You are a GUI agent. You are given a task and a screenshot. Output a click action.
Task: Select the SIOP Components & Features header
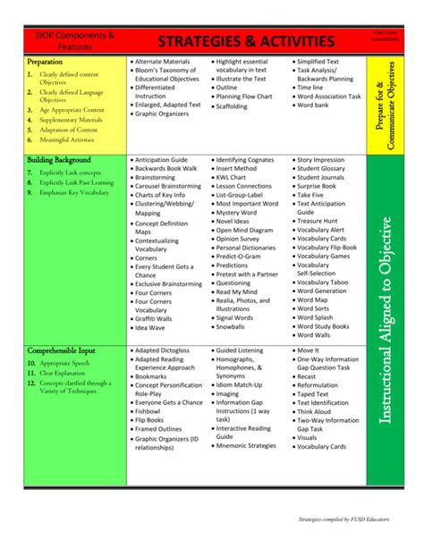click(x=74, y=40)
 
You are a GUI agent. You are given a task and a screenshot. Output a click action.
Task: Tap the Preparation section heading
click(x=46, y=62)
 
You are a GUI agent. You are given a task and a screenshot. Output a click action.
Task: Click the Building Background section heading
click(x=59, y=160)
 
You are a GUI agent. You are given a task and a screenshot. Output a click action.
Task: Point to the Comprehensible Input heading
click(x=62, y=351)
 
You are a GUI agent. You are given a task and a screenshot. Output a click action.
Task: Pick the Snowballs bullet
click(x=237, y=327)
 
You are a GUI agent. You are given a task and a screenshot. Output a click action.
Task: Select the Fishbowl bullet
click(x=153, y=410)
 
